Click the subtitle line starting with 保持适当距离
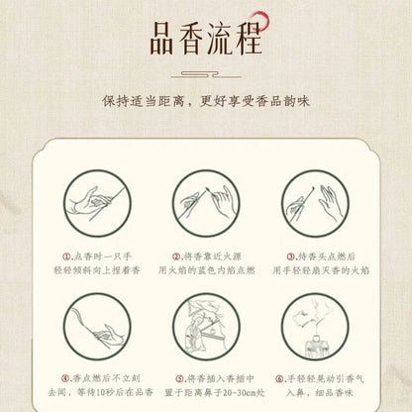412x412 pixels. [x=206, y=101]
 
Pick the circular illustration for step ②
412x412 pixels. [x=206, y=205]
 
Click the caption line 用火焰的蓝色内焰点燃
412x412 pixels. [x=206, y=268]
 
